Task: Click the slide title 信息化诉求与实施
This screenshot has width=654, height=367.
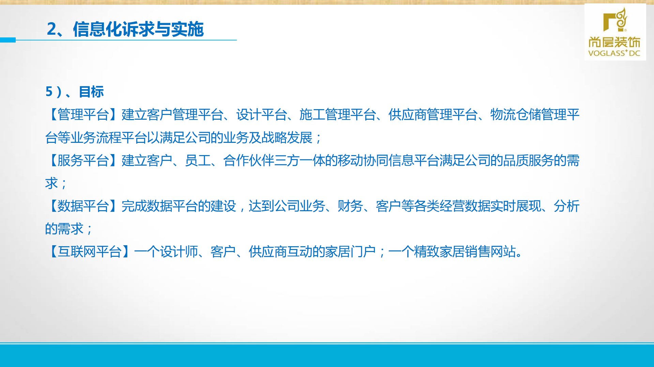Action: [x=138, y=29]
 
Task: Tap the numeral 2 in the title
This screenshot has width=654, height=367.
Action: [x=51, y=29]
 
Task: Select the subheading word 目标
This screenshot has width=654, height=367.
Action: [x=91, y=92]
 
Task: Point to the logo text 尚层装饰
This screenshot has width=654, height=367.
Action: [x=614, y=42]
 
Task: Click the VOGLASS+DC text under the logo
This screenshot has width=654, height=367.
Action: [x=614, y=53]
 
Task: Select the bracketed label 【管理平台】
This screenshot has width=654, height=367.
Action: [x=83, y=115]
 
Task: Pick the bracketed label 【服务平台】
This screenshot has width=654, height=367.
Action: [x=83, y=161]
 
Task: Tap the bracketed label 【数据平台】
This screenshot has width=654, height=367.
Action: [x=83, y=206]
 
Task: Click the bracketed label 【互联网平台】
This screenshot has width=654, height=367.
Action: [x=90, y=252]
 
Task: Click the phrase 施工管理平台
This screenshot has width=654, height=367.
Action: [x=337, y=115]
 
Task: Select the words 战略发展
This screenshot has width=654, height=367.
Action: [x=287, y=138]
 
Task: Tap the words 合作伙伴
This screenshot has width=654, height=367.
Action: [x=249, y=161]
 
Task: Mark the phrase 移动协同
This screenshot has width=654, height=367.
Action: [x=363, y=161]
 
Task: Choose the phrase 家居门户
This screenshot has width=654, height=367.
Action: [x=350, y=252]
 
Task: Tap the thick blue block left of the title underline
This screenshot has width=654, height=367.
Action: [x=7, y=40]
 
